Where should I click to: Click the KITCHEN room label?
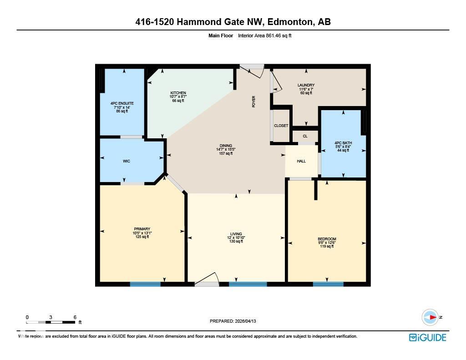(x=178, y=93)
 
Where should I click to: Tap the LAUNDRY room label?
(x=306, y=85)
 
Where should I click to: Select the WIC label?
(x=127, y=161)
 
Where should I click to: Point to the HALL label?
(x=301, y=161)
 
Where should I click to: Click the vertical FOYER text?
(x=254, y=101)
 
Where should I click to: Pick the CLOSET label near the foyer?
(x=281, y=126)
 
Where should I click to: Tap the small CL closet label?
(x=305, y=136)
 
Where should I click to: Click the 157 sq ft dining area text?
(x=226, y=153)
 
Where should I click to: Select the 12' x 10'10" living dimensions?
(x=236, y=238)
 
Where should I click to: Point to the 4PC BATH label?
(x=343, y=143)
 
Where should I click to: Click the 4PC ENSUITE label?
(x=122, y=103)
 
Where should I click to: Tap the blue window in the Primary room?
(x=145, y=284)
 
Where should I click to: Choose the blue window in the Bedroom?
(x=328, y=284)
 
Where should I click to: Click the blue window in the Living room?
(x=248, y=284)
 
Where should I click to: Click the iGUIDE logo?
(x=427, y=337)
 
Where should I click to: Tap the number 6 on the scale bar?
(x=75, y=317)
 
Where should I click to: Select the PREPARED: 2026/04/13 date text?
(x=233, y=321)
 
